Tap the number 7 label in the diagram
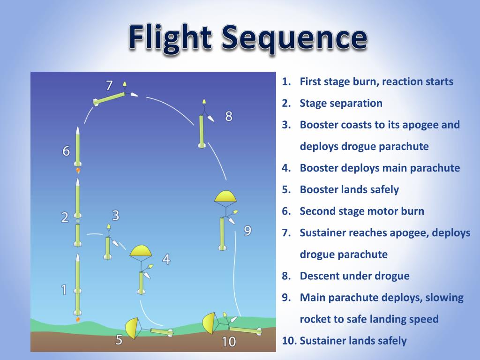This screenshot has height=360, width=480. [x=109, y=86]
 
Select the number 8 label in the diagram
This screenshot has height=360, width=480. [x=229, y=116]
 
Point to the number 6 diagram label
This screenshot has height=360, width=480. [x=66, y=151]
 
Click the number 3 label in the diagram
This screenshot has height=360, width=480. [x=116, y=215]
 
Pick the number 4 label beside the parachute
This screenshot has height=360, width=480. [x=166, y=259]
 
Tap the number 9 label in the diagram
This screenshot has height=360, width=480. [x=247, y=231]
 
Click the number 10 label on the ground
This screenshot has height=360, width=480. [x=228, y=342]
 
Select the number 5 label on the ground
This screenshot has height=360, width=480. [x=119, y=340]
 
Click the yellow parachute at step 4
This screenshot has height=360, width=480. [x=141, y=251]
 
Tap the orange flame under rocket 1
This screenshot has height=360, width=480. [x=78, y=319]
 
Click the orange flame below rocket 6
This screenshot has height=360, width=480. [x=78, y=171]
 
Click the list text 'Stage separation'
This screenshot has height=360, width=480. [x=341, y=103]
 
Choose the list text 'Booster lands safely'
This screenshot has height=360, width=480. [x=349, y=189]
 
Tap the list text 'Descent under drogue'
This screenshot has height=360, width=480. [x=354, y=276]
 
